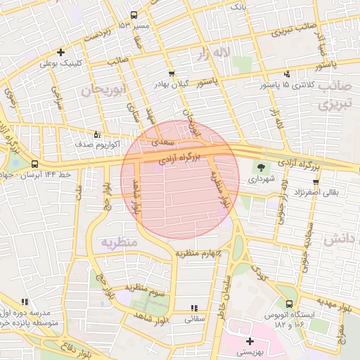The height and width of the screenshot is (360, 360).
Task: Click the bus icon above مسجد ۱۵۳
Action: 134,14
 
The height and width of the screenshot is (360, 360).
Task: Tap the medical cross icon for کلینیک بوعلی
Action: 61,51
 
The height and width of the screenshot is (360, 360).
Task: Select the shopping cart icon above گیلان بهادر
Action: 172,73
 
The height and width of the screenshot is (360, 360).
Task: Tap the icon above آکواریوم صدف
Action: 97,134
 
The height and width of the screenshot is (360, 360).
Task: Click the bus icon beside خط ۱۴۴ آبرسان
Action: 35,164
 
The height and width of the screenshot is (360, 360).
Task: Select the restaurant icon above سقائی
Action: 194,308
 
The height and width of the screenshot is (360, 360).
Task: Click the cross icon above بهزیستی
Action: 249,341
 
